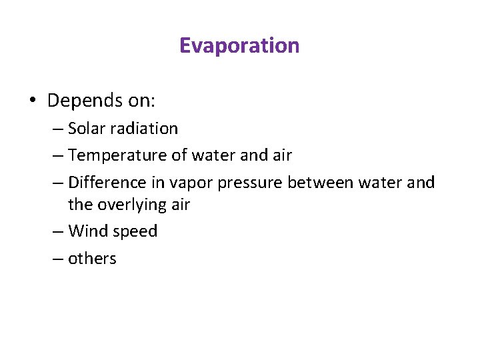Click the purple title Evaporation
point(239,45)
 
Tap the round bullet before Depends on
point(33,101)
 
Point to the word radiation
point(143,128)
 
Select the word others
point(92,259)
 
